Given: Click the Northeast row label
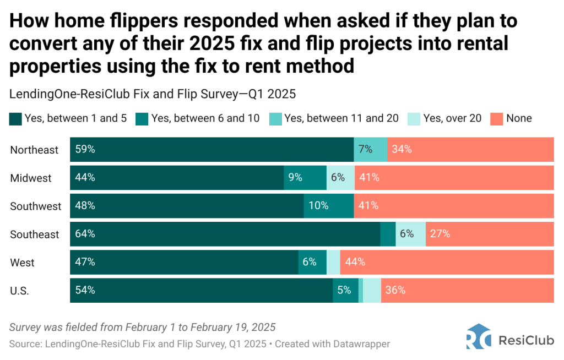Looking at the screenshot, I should (34, 150).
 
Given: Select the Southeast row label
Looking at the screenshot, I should (34, 234).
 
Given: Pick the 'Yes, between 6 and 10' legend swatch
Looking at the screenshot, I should (142, 118).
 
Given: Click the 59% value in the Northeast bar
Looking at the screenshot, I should (84, 149).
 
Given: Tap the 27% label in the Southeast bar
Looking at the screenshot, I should (440, 234).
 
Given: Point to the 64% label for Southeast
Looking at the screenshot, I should (84, 234).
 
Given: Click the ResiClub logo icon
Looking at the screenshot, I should (478, 337).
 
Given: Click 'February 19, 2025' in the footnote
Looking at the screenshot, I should (233, 327).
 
